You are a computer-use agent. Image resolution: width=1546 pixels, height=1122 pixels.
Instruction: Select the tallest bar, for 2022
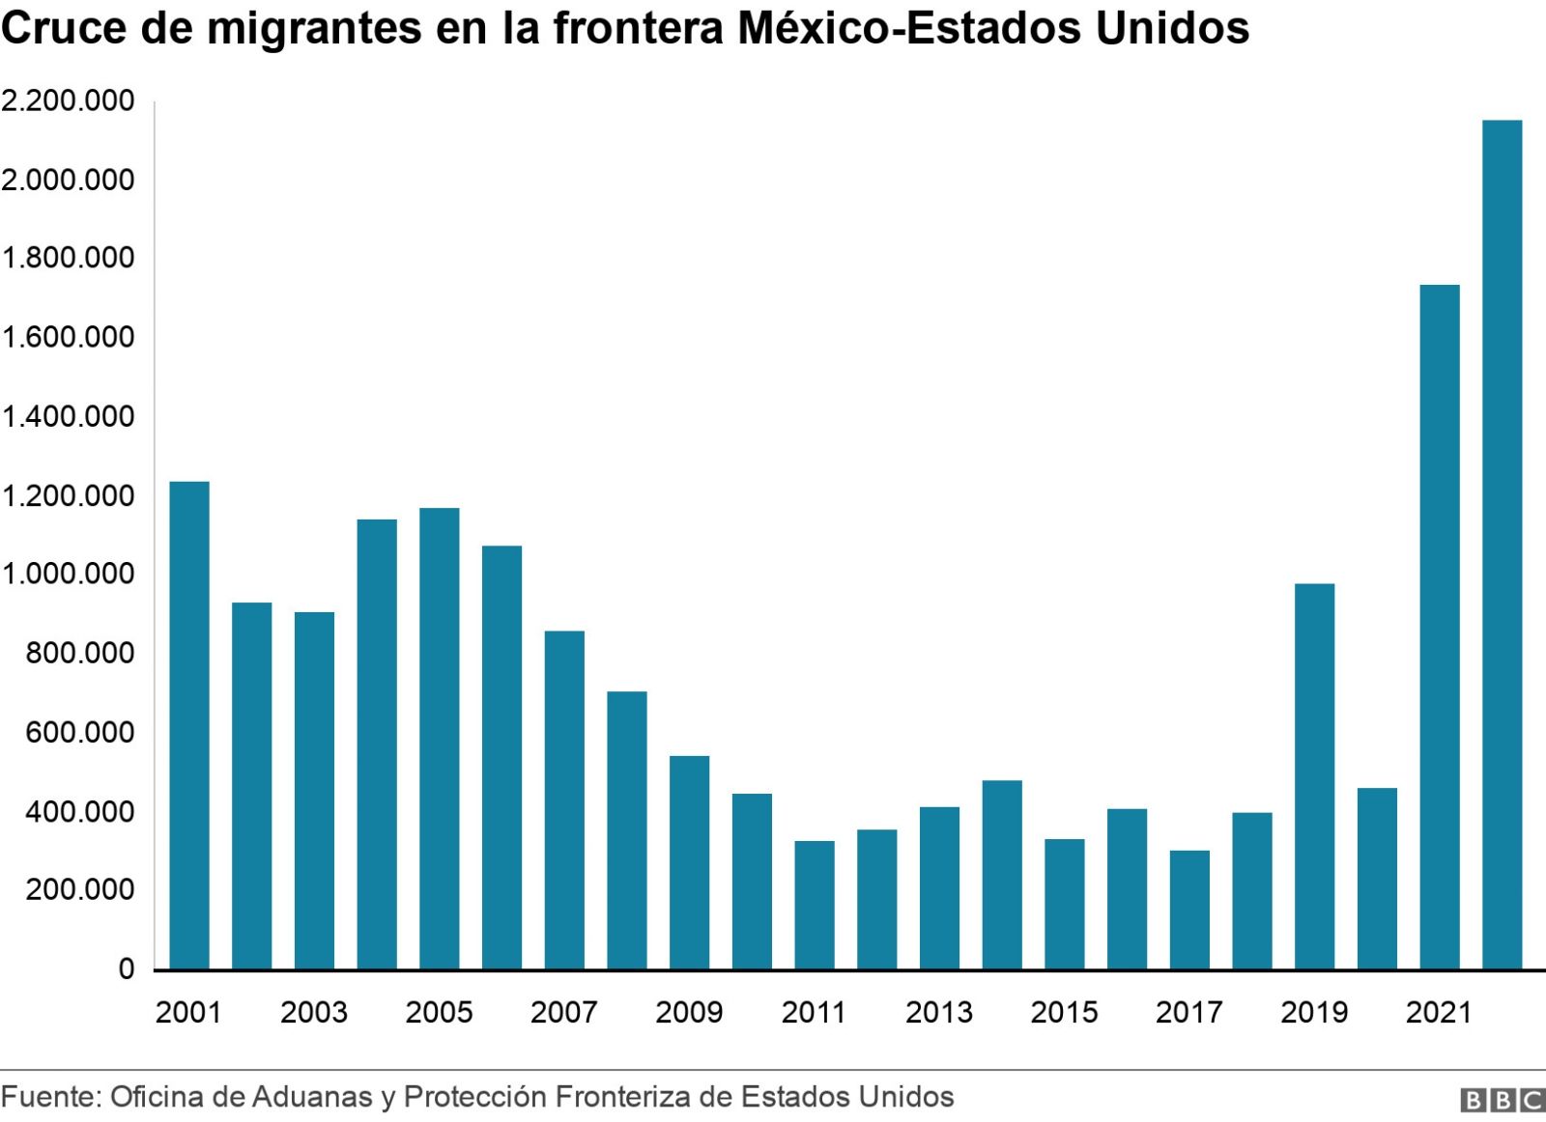tap(1502, 545)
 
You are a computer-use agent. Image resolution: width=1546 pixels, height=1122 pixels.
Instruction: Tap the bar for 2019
tap(1314, 776)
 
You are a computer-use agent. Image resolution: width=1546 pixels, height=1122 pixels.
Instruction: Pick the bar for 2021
tap(1440, 627)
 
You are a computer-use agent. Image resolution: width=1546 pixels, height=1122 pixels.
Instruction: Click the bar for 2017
tap(1189, 910)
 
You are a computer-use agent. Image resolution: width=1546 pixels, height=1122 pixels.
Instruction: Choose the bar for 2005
tap(440, 738)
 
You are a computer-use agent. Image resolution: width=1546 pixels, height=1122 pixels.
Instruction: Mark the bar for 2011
tap(815, 905)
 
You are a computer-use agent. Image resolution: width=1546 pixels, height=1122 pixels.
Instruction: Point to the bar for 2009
tap(690, 862)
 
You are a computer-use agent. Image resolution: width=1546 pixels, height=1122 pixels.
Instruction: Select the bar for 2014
tap(1002, 875)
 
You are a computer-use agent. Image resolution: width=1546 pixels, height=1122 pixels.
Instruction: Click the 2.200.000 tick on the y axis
tap(68, 101)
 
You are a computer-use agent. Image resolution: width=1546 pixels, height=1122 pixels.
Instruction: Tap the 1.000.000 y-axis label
tap(68, 575)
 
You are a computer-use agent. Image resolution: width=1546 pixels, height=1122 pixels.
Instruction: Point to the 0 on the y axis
tap(126, 969)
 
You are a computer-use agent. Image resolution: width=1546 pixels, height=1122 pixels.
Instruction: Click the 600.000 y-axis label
tap(80, 733)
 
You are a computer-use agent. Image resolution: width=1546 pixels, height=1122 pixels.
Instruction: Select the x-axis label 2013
tap(939, 1012)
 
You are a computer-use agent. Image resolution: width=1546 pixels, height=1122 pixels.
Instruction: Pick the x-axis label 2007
tap(564, 1012)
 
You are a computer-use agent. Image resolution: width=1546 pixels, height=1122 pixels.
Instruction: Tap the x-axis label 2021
tap(1439, 1012)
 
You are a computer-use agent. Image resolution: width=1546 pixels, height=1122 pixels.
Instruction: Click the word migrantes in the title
tap(314, 29)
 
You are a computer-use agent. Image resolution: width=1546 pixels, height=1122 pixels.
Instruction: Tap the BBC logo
tap(1502, 1101)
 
